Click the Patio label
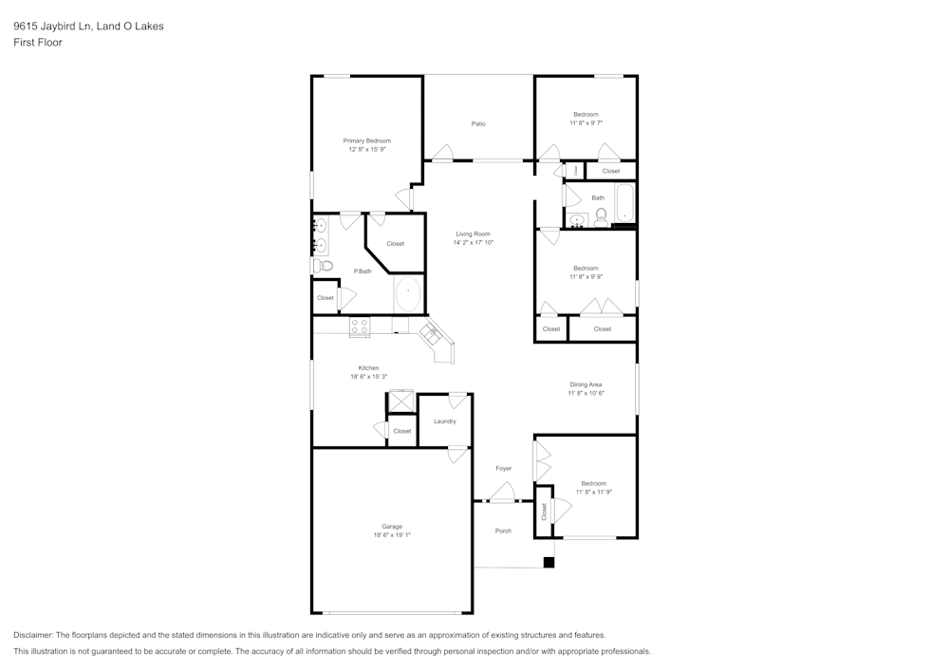[x=478, y=123]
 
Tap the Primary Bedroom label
[x=367, y=140]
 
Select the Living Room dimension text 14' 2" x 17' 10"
[x=473, y=243]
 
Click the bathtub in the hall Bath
[x=624, y=203]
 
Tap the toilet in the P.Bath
[x=326, y=266]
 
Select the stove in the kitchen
[x=360, y=326]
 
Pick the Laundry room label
[x=444, y=421]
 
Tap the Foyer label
[x=503, y=469]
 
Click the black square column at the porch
[x=548, y=562]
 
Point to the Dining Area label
[x=586, y=384]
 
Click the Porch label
[x=503, y=531]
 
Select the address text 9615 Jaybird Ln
[x=52, y=27]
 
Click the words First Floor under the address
[x=38, y=43]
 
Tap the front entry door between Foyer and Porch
[x=502, y=495]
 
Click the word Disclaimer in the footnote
[x=33, y=634]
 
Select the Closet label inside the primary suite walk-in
[x=395, y=244]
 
